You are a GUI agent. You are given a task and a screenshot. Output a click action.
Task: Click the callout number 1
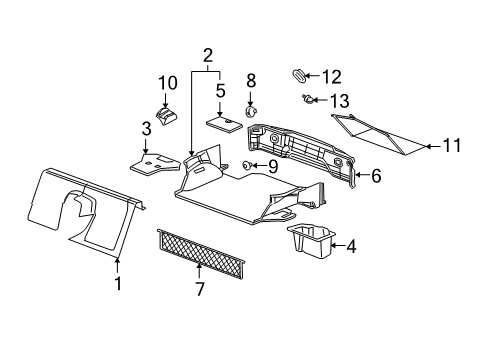(x=117, y=284)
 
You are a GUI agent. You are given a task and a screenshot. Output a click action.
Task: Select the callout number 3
(x=146, y=128)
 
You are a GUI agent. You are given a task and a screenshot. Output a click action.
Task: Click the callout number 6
(x=376, y=175)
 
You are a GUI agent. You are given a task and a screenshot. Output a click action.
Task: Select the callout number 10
(x=166, y=82)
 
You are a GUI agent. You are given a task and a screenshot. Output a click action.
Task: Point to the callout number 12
(x=331, y=75)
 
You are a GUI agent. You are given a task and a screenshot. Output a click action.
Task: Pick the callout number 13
(x=340, y=100)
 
